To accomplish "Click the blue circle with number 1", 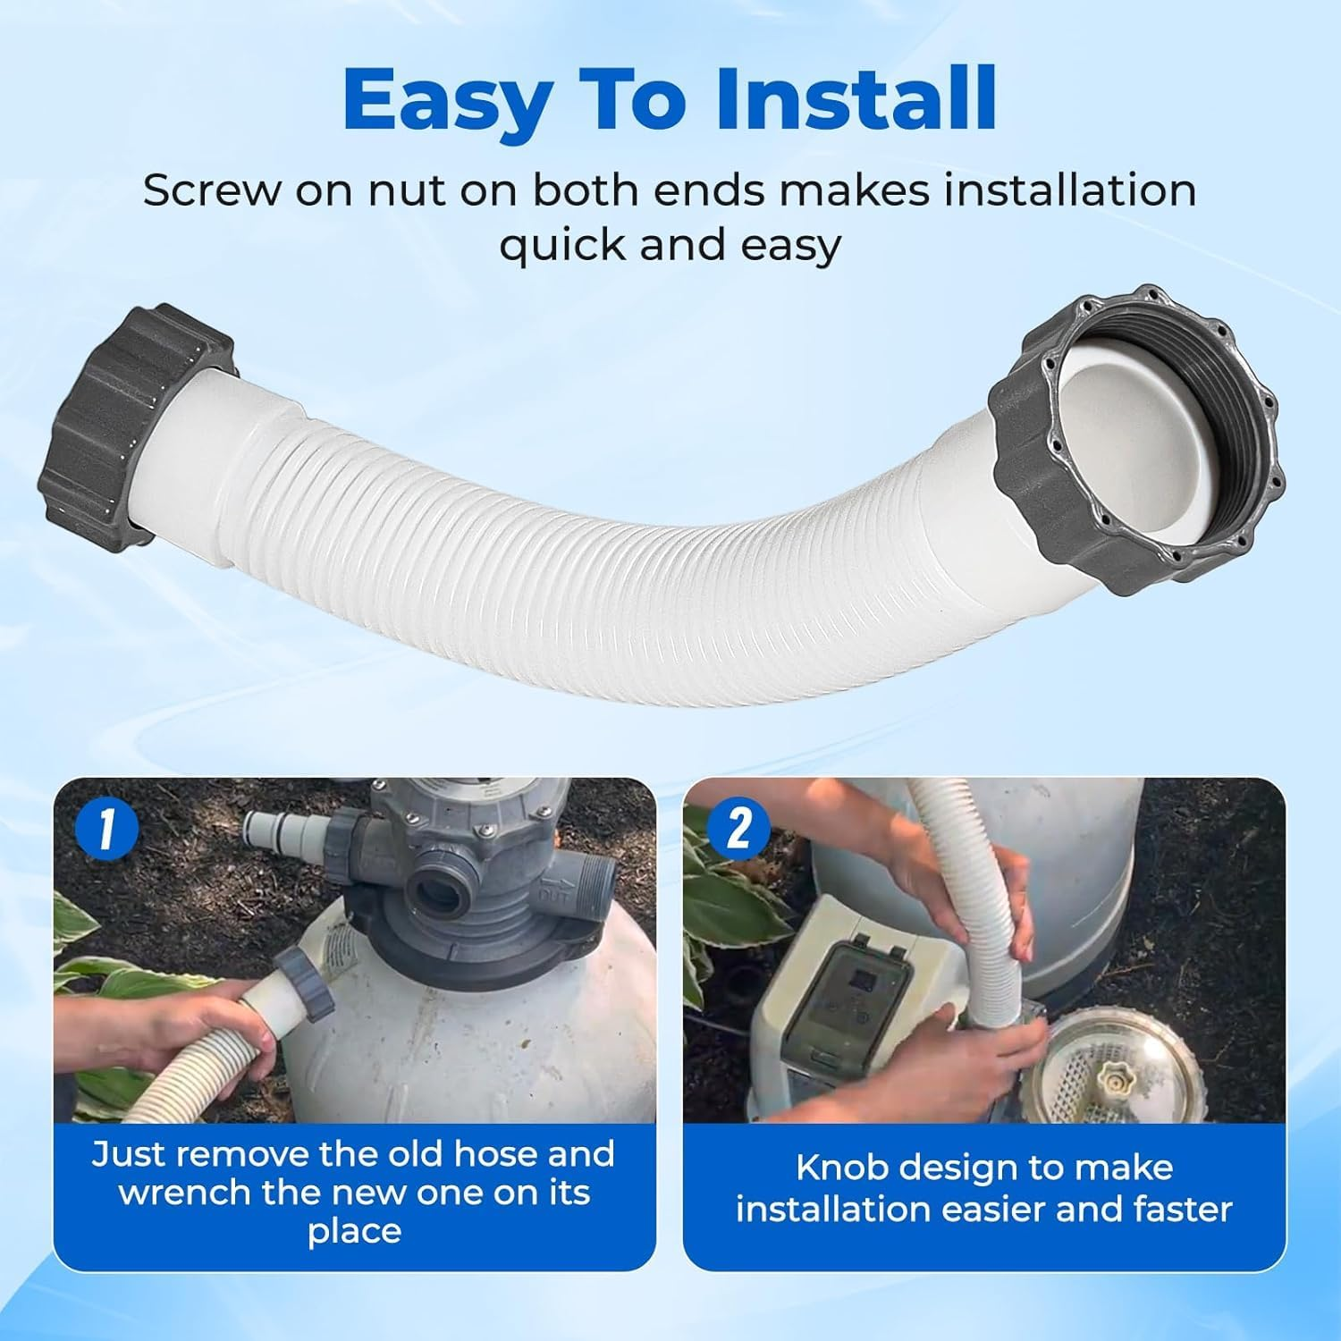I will pos(106,829).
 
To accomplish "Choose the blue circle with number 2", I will pos(738,829).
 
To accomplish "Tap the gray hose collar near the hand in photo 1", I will pos(304,984).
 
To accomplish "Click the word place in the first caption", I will pos(354,1231).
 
